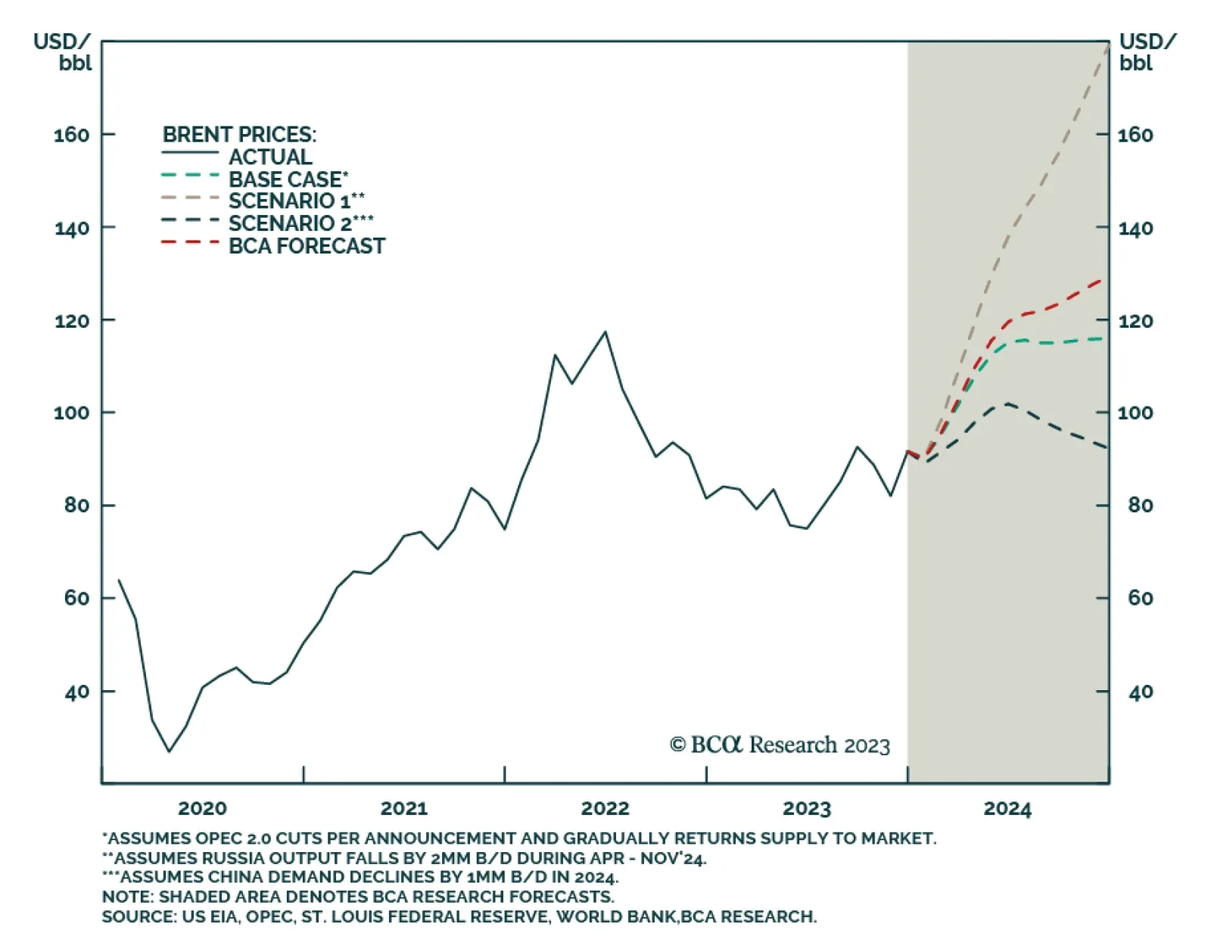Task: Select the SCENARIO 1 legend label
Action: pyautogui.click(x=296, y=201)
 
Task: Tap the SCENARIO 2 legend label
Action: pyautogui.click(x=300, y=223)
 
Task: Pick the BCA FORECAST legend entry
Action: pyautogui.click(x=307, y=246)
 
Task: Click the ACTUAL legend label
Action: pyautogui.click(x=270, y=157)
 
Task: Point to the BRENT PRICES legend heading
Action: pyautogui.click(x=239, y=135)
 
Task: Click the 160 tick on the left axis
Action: pyautogui.click(x=71, y=135)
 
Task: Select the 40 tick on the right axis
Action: pyautogui.click(x=1140, y=692)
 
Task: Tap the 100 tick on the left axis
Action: pyautogui.click(x=71, y=413)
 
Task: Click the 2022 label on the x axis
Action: pyautogui.click(x=605, y=809)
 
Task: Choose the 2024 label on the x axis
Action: pyautogui.click(x=1007, y=809)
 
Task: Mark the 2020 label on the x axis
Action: pyautogui.click(x=202, y=809)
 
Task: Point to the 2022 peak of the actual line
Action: pyautogui.click(x=605, y=331)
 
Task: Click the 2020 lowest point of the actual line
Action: pyautogui.click(x=169, y=751)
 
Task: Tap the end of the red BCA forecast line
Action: pyautogui.click(x=1102, y=280)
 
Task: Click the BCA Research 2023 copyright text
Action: pyautogui.click(x=780, y=745)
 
